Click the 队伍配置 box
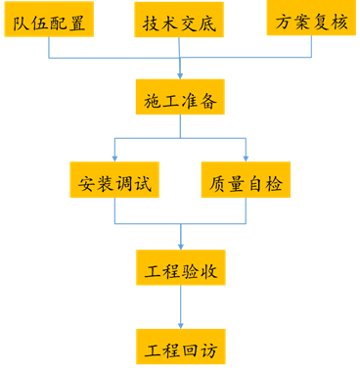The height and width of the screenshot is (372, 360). pos(48,20)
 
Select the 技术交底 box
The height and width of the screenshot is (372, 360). pos(179,21)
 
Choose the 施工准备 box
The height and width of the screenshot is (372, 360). pos(180,99)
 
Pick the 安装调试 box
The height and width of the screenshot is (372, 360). pos(115,182)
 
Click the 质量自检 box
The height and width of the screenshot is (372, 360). pos(246,182)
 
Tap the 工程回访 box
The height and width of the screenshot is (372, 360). pos(181,348)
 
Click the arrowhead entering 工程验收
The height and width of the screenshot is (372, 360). pos(181,245)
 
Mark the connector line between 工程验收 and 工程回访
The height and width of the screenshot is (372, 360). pos(181,303)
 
